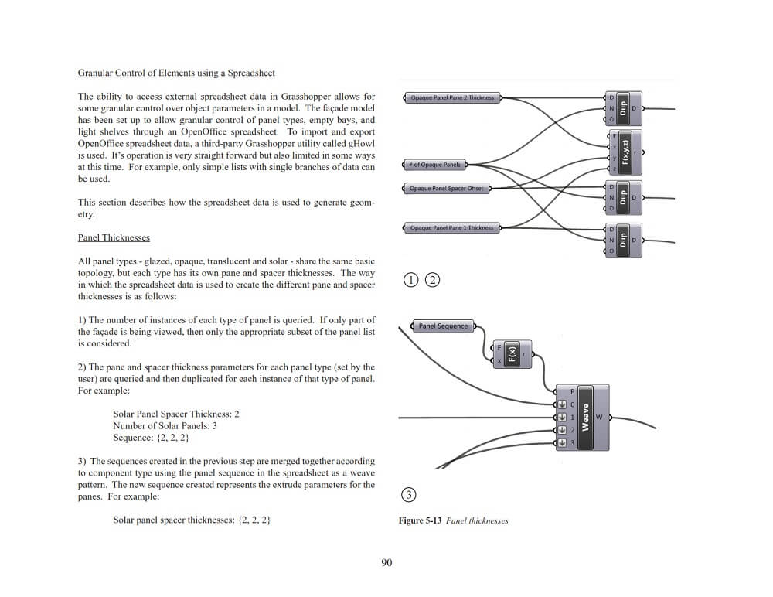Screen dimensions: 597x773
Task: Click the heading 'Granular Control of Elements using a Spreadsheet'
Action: [176, 73]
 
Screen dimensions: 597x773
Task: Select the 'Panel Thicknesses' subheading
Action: [114, 237]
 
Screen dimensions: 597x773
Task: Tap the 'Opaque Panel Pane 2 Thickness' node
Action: [452, 98]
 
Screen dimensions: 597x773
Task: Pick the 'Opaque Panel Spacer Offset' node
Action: [446, 189]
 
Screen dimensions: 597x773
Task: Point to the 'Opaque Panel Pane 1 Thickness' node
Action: [451, 228]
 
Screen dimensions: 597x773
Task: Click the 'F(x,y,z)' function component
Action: [625, 152]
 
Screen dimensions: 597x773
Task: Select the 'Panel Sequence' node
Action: [443, 326]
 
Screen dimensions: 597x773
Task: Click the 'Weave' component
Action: [585, 418]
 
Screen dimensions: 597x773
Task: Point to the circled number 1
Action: [410, 280]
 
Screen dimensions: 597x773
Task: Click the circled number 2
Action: [431, 280]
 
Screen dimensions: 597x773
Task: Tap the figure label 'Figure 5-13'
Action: [420, 520]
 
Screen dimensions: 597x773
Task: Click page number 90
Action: [386, 562]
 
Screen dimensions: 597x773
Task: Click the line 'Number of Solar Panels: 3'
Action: [165, 426]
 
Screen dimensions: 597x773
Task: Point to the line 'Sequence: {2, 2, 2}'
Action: [151, 438]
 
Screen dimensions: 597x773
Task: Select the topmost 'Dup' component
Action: [623, 109]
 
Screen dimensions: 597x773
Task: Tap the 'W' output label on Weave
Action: [598, 418]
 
